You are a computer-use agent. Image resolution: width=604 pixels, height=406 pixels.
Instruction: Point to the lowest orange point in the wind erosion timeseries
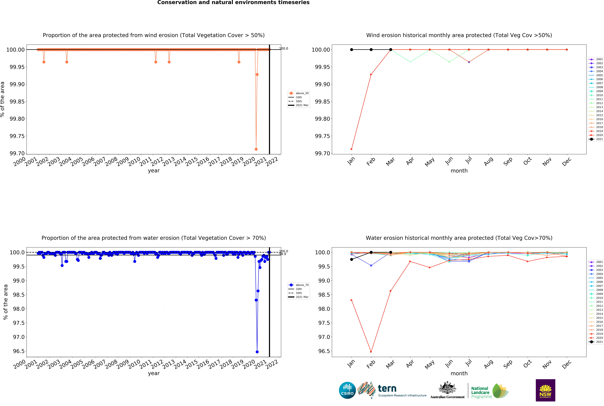click(x=256, y=149)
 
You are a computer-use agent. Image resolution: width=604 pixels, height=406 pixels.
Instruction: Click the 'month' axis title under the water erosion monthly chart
click(x=459, y=373)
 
